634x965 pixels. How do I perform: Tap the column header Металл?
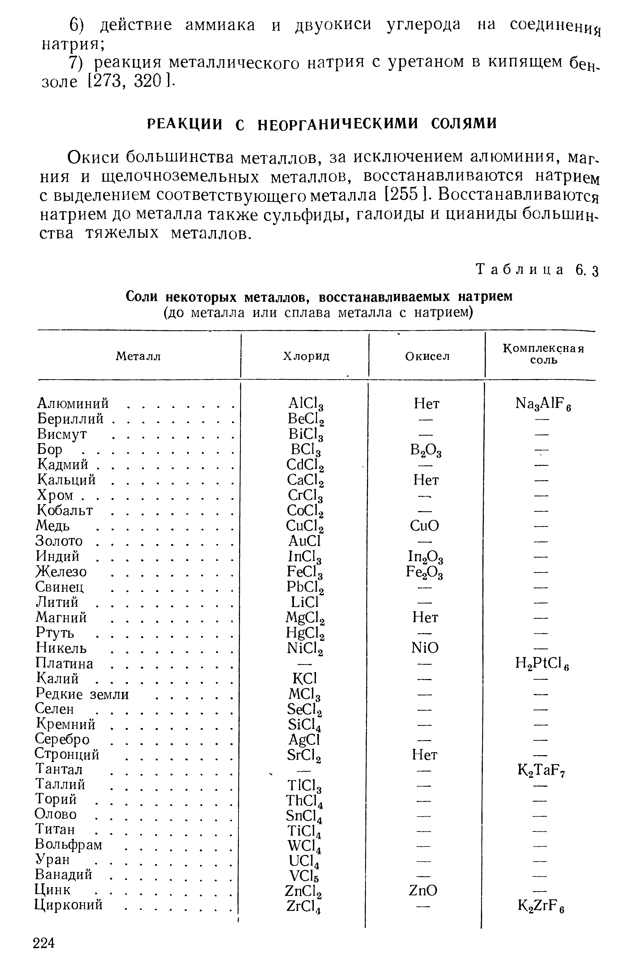pyautogui.click(x=138, y=356)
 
